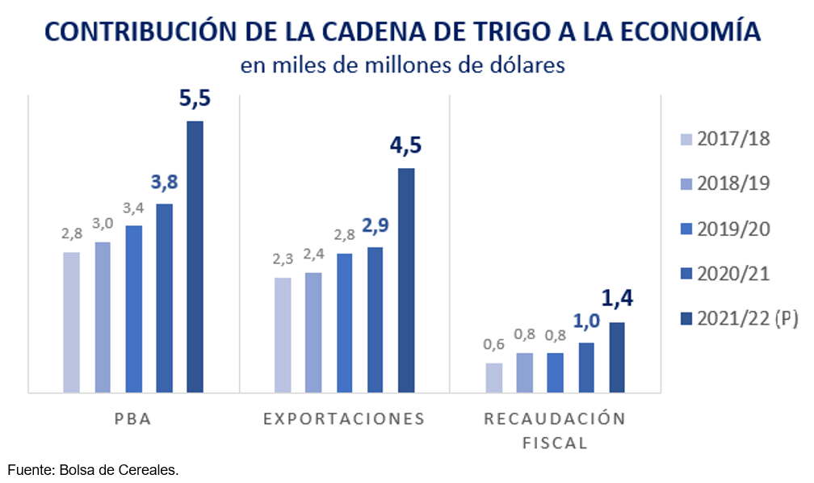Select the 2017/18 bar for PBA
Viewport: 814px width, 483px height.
[71, 322]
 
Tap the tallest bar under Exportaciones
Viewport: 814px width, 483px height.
[406, 280]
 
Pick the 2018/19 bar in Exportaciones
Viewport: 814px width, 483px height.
[313, 333]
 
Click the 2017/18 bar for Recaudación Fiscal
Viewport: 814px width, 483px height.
[493, 378]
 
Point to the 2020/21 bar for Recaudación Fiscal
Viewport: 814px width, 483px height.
[586, 367]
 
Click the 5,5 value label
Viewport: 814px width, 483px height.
[195, 101]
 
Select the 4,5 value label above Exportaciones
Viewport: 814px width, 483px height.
[406, 148]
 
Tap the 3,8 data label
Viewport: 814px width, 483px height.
[164, 183]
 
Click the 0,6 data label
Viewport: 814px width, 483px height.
[494, 344]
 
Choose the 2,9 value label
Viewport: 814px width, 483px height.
[376, 226]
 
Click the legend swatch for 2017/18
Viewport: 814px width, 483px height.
[686, 139]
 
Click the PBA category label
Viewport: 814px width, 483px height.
[133, 419]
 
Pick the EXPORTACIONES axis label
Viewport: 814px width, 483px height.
[344, 419]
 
